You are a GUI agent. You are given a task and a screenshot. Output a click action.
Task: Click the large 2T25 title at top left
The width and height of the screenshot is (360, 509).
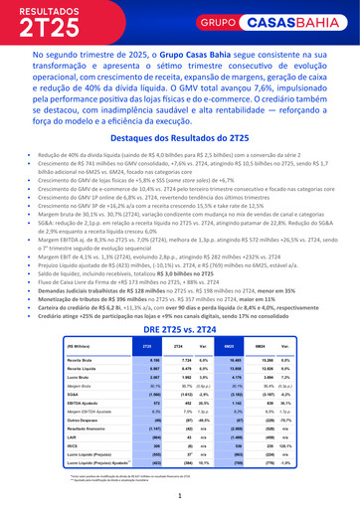50,27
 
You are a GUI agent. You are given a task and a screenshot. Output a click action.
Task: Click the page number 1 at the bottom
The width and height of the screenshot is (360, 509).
180,494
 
